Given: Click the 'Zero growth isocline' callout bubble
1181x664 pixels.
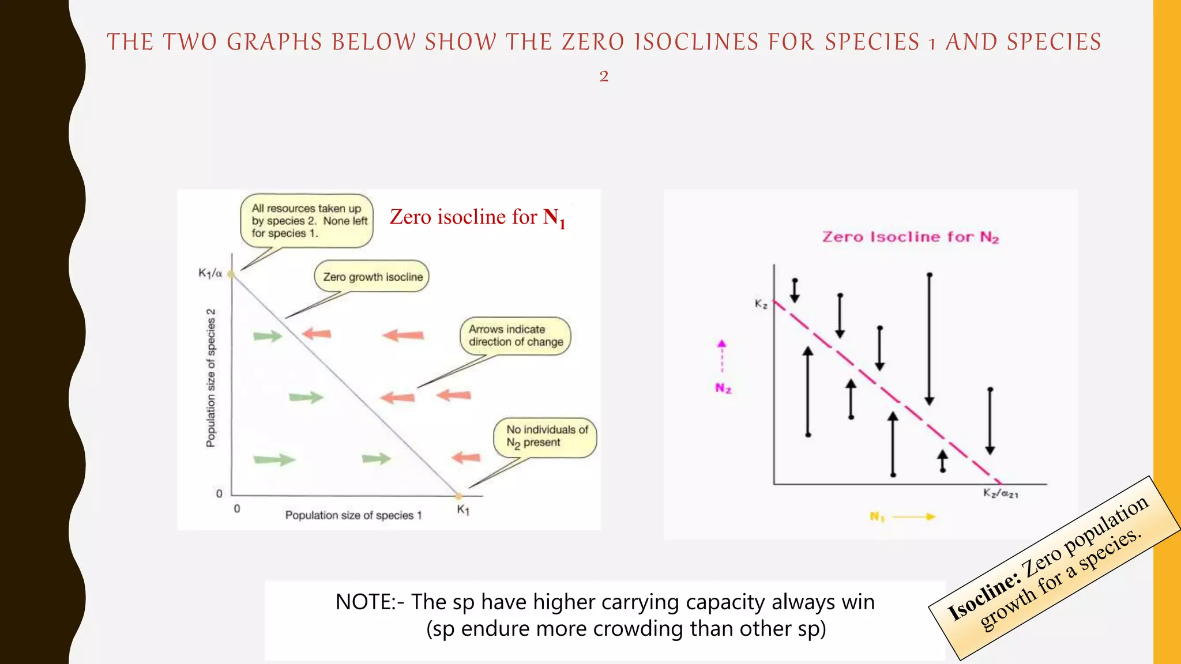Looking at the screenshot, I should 372,277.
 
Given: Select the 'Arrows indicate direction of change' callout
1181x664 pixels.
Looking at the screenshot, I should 515,335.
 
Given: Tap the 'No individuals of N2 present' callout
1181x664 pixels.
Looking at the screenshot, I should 546,437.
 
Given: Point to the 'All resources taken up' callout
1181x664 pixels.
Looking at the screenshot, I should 307,221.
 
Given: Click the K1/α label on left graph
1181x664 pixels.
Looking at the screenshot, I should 210,273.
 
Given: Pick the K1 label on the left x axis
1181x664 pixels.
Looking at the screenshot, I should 463,510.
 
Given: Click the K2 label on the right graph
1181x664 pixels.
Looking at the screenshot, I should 761,304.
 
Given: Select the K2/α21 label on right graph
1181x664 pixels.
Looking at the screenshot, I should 1001,493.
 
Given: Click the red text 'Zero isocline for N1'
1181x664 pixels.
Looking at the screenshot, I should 477,218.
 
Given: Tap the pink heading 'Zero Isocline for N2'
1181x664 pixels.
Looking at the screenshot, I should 910,237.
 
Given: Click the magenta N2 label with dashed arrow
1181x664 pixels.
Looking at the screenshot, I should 723,388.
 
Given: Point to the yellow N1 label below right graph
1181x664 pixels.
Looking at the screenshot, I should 877,516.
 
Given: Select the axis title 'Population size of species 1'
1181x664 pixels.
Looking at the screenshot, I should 353,515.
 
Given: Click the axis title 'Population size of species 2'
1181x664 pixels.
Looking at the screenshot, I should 211,378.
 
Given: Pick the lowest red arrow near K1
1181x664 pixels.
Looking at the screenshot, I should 466,458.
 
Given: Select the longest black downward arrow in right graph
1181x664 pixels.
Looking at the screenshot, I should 929,340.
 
